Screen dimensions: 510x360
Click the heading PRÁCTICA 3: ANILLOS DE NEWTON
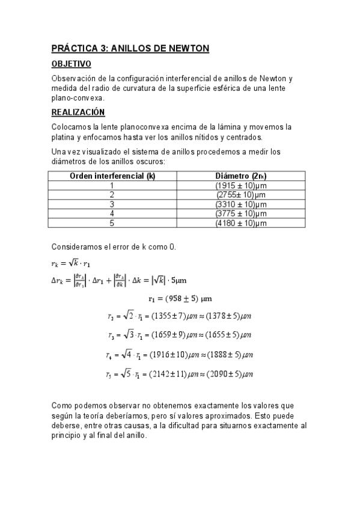pyautogui.click(x=130, y=49)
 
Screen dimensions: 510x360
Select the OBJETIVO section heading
pyautogui.click(x=71, y=63)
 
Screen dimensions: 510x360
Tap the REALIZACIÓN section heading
pyautogui.click(x=78, y=112)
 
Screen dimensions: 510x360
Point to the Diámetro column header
pyautogui.click(x=241, y=176)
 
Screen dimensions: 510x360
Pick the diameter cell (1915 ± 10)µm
pyautogui.click(x=241, y=185)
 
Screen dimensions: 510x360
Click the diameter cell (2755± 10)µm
pyautogui.click(x=241, y=195)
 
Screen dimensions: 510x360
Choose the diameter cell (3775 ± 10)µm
pyautogui.click(x=241, y=214)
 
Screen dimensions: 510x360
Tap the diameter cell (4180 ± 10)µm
pyautogui.click(x=241, y=223)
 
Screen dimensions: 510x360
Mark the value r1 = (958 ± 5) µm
pyautogui.click(x=180, y=298)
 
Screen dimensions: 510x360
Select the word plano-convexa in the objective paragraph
pyautogui.click(x=78, y=97)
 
